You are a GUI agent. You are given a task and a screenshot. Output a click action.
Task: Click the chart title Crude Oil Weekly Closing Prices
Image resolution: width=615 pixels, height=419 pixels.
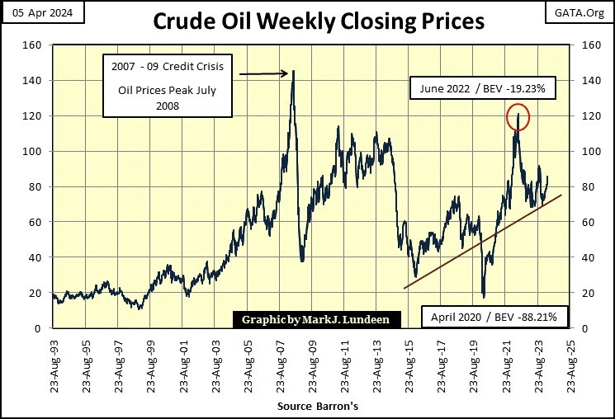pyautogui.click(x=307, y=21)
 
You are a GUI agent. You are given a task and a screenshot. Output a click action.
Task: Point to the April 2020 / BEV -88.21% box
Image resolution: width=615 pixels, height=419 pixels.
pyautogui.click(x=494, y=316)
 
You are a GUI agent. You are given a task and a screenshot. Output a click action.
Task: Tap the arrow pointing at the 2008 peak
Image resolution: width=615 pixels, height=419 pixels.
pyautogui.click(x=264, y=74)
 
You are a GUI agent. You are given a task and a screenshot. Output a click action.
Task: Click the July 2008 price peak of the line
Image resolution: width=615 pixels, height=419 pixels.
pyautogui.click(x=293, y=72)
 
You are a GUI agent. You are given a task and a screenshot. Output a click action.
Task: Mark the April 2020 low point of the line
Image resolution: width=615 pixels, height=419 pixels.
pyautogui.click(x=483, y=296)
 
